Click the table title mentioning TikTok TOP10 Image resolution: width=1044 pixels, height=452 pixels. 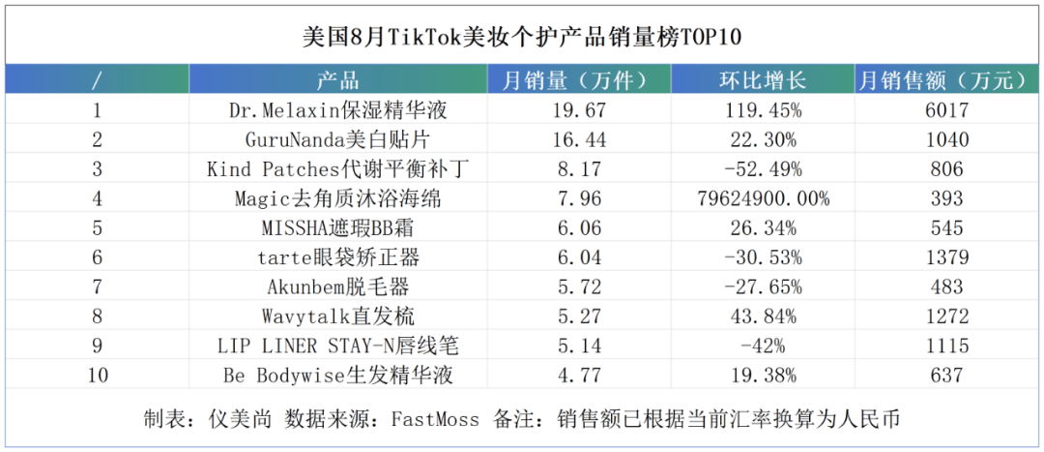click(x=522, y=37)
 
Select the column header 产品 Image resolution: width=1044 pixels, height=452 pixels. click(x=337, y=80)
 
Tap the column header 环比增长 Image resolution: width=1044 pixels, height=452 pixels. click(x=763, y=80)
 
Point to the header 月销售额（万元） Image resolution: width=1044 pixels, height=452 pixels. click(x=946, y=80)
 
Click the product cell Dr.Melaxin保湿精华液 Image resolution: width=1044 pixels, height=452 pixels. click(x=337, y=110)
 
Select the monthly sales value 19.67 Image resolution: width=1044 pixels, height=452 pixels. click(x=579, y=110)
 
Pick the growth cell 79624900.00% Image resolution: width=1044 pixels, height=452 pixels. click(x=763, y=198)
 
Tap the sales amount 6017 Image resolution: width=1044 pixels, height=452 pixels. click(x=946, y=110)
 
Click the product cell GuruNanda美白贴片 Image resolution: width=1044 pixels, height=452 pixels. click(x=337, y=139)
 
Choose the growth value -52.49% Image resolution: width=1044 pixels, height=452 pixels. click(x=763, y=169)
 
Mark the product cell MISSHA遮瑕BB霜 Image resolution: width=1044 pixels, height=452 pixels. click(x=337, y=228)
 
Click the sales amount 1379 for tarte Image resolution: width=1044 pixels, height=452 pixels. click(x=946, y=257)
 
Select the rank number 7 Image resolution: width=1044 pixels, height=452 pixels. click(x=97, y=286)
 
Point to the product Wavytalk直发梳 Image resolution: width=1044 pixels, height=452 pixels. click(x=337, y=316)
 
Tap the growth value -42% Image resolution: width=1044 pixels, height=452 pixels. click(x=763, y=346)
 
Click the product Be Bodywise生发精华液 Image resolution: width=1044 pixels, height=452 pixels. click(x=337, y=376)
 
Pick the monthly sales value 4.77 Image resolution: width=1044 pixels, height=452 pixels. click(x=579, y=376)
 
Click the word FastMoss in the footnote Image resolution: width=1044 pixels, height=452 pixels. click(x=435, y=419)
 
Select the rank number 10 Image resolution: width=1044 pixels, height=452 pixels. click(x=97, y=376)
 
